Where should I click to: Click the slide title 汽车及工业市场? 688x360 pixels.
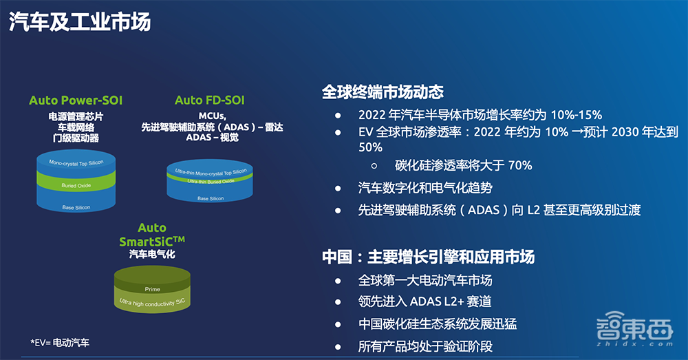[80, 21]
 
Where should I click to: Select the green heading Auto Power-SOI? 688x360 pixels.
[76, 100]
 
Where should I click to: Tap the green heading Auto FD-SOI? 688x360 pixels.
[210, 100]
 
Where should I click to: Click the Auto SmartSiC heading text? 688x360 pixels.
[151, 235]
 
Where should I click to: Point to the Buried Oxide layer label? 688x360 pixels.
[76, 185]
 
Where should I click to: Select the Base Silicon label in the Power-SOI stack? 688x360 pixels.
[76, 207]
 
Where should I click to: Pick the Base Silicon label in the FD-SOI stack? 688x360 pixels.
[211, 198]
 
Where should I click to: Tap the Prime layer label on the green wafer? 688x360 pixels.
[152, 289]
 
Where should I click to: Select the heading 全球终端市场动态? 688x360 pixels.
[383, 92]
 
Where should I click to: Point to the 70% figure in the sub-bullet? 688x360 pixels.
[519, 165]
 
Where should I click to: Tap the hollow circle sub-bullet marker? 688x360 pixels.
[374, 166]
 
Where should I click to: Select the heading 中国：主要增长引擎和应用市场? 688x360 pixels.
[428, 257]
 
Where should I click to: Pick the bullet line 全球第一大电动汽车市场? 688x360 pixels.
[425, 280]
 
